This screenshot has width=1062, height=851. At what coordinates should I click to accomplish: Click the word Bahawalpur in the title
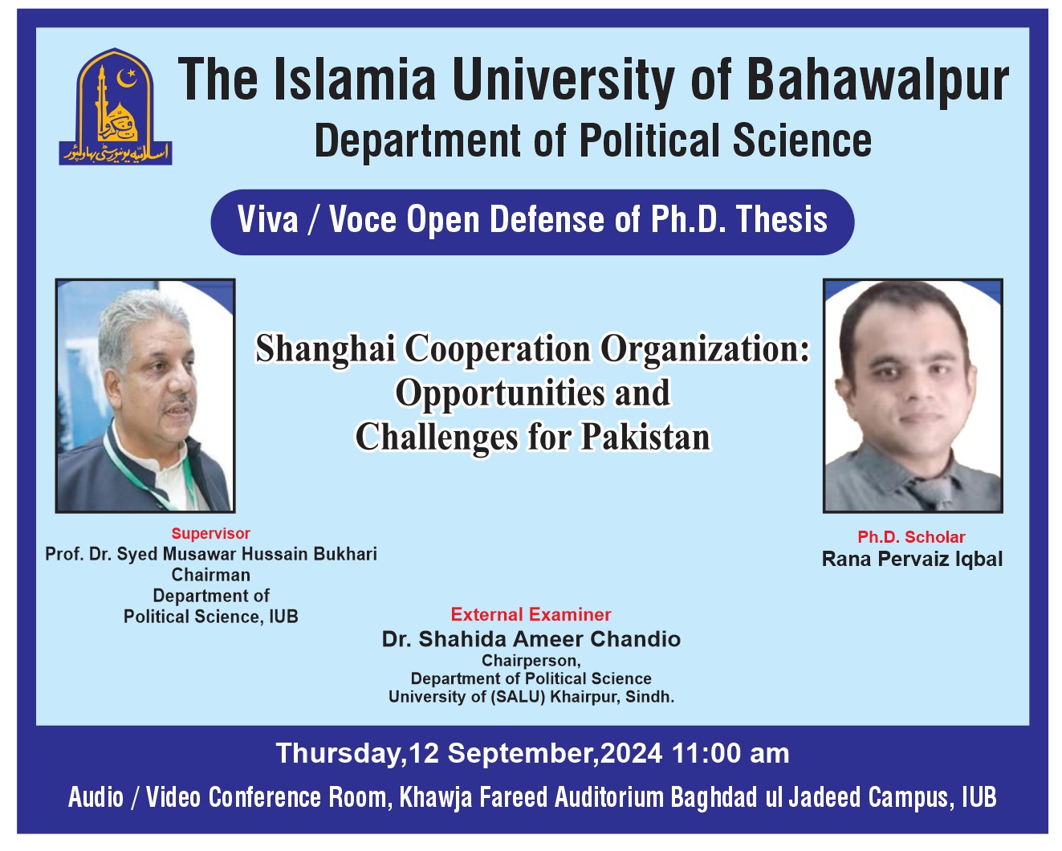coord(877,80)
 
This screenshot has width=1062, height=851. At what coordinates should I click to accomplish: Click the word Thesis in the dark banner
coord(781,220)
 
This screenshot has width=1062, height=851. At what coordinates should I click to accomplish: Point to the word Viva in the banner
coord(267,220)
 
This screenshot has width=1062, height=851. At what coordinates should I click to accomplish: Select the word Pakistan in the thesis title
coord(646,438)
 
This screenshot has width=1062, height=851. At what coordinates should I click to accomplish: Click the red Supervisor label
coord(210,533)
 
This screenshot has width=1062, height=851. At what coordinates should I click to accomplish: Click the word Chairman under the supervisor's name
coord(210,575)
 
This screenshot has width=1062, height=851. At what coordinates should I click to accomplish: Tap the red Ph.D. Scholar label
coord(911,537)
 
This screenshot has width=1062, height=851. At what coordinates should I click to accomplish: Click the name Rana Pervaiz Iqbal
coord(912,559)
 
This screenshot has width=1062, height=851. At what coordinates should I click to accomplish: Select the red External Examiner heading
coord(531,614)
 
